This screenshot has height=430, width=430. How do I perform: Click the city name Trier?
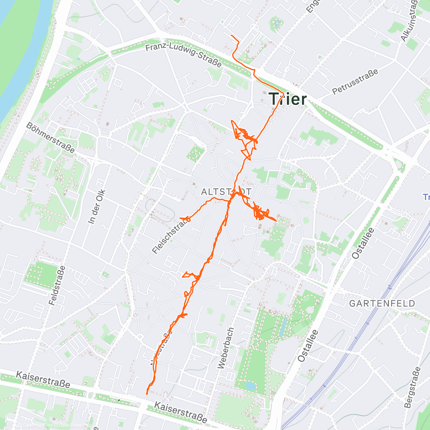coord(288,99)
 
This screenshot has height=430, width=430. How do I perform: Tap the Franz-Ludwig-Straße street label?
coord(183,55)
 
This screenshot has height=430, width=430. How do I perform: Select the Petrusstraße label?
coord(355,82)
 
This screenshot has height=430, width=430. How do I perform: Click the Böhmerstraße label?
coord(51,137)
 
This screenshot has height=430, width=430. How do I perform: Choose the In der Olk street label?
coord(96,207)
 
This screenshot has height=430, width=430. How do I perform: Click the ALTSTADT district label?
coord(226,192)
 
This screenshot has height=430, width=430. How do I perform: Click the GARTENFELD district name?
coord(382,304)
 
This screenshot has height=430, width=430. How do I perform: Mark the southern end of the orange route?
coord(147,393)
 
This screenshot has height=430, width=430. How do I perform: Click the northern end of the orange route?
coord(231,36)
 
